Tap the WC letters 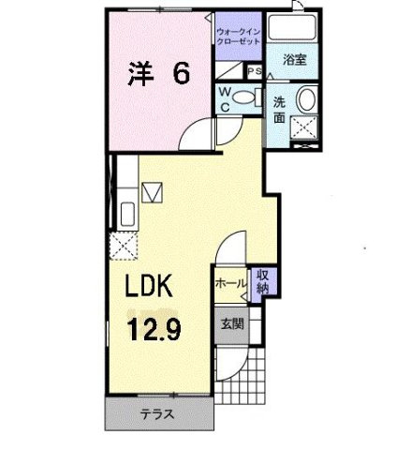pyautogui.click(x=225, y=97)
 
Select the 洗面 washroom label pyautogui.click(x=281, y=109)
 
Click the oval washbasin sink pyautogui.click(x=307, y=102)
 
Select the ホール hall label pyautogui.click(x=230, y=281)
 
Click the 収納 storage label pyautogui.click(x=264, y=280)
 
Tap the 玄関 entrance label pyautogui.click(x=232, y=324)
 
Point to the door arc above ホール pyautogui.click(x=230, y=251)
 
